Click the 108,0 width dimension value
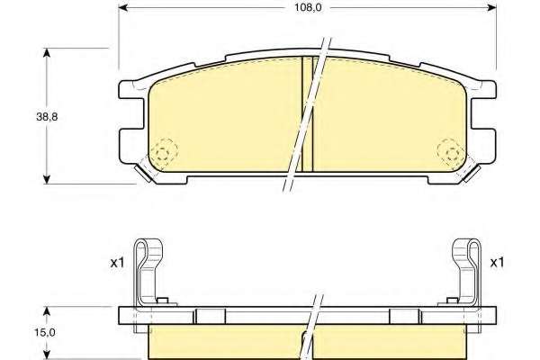pyautogui.click(x=308, y=7)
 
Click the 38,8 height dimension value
pyautogui.click(x=47, y=117)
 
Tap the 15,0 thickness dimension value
pyautogui.click(x=45, y=332)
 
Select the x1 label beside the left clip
pyautogui.click(x=117, y=263)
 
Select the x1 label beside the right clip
pyautogui.click(x=497, y=263)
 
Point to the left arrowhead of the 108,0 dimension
pyautogui.click(x=123, y=7)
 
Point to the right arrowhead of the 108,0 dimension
pyautogui.click(x=492, y=7)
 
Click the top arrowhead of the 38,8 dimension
pyautogui.click(x=47, y=53)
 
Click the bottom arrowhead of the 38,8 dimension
pyautogui.click(x=47, y=179)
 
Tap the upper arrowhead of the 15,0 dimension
pyautogui.click(x=47, y=311)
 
